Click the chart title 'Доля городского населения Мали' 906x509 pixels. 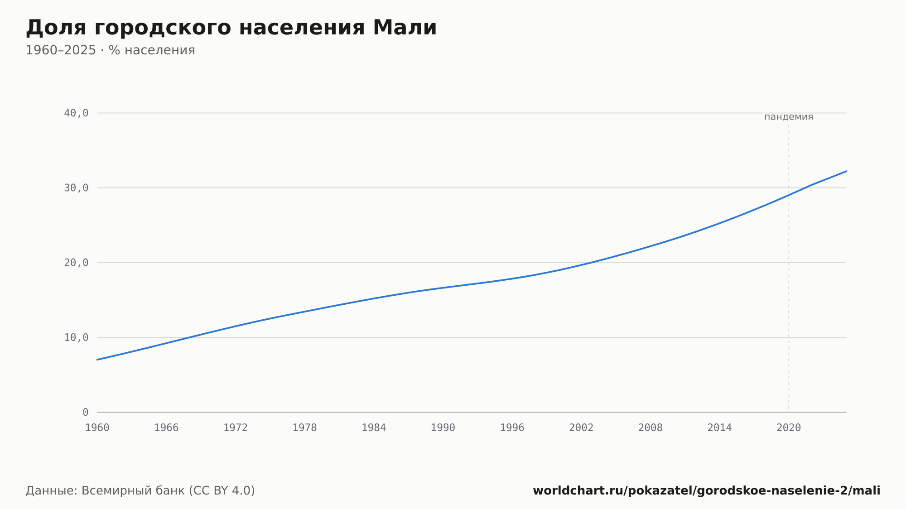tap(231, 28)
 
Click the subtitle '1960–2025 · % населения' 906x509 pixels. tap(110, 50)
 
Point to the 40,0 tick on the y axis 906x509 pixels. tap(76, 113)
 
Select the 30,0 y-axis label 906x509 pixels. tap(76, 188)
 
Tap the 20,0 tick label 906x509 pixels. tap(76, 263)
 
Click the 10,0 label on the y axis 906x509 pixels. tap(76, 337)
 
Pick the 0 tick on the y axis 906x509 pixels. tap(86, 412)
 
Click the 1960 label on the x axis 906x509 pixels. tap(97, 428)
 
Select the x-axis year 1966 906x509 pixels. tap(166, 428)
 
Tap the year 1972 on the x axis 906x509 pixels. tap(236, 428)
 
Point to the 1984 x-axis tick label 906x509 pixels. tap(374, 428)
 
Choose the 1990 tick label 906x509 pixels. tap(443, 428)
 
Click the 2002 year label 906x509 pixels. tap(581, 428)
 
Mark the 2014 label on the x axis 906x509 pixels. tap(720, 428)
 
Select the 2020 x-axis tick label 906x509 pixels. tap(789, 428)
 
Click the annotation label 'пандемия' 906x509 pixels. tap(789, 117)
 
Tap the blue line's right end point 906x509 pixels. tap(846, 171)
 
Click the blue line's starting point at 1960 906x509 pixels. tap(97, 360)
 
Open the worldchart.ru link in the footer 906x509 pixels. tap(707, 491)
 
